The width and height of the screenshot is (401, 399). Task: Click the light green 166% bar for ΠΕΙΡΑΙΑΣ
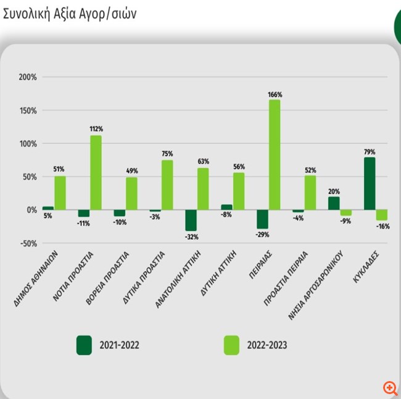pyautogui.click(x=275, y=154)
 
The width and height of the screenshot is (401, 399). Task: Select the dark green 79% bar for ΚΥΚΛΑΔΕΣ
pyautogui.click(x=370, y=183)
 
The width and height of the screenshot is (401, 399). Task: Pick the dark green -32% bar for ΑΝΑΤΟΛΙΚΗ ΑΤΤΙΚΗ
pyautogui.click(x=191, y=220)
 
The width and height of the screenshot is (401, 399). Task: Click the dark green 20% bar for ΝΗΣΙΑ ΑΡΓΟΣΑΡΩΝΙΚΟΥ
pyautogui.click(x=334, y=203)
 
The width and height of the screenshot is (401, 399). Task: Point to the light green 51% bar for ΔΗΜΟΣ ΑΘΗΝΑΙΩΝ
pyautogui.click(x=60, y=193)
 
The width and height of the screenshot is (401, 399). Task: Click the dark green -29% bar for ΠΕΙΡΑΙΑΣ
pyautogui.click(x=262, y=219)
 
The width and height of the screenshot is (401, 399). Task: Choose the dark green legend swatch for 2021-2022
pyautogui.click(x=84, y=345)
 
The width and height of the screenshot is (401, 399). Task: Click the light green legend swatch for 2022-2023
pyautogui.click(x=231, y=345)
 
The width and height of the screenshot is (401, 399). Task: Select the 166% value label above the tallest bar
pyautogui.click(x=275, y=94)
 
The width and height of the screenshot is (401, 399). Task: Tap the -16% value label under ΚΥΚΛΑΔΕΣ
pyautogui.click(x=382, y=227)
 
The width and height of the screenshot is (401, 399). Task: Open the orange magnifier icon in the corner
pyautogui.click(x=390, y=388)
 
